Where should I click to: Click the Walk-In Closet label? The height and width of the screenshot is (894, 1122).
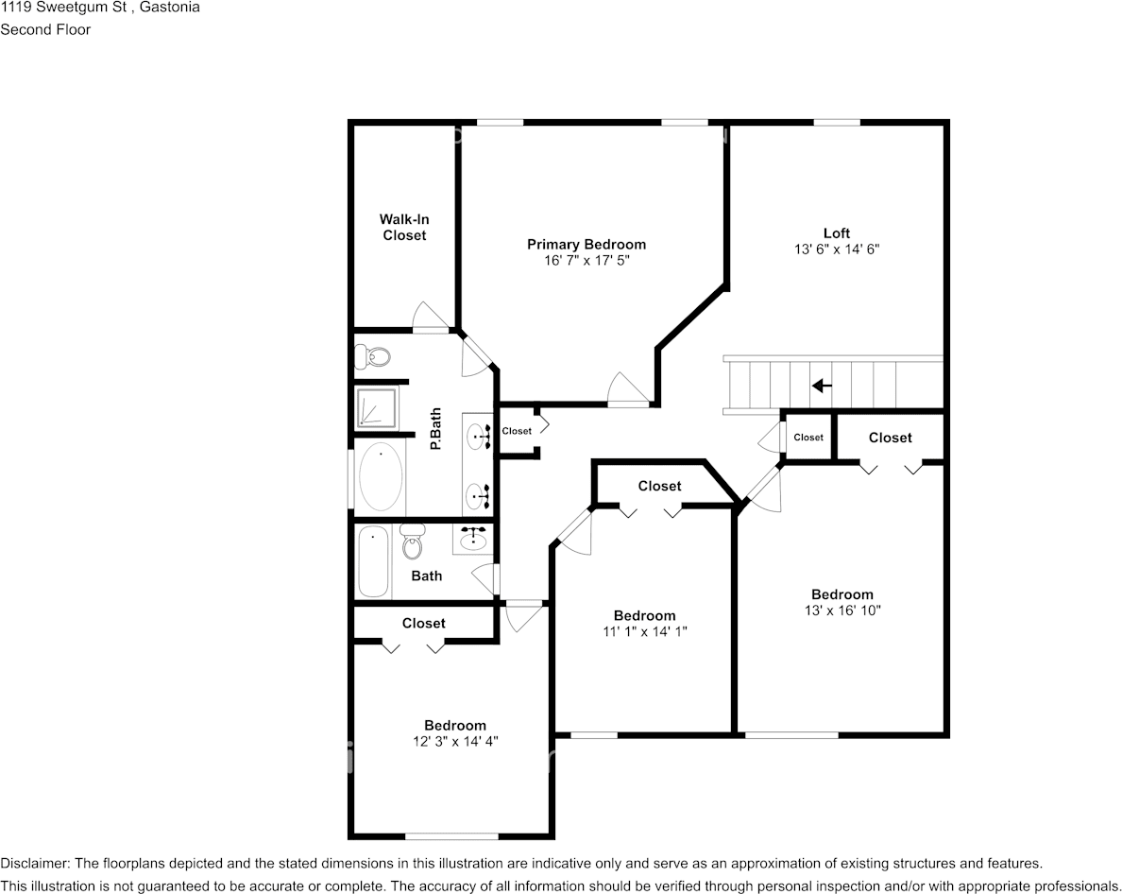pyautogui.click(x=404, y=227)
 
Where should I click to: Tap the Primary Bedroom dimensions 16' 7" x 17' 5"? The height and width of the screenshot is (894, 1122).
pyautogui.click(x=586, y=260)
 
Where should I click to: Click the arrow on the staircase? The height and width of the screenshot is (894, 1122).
pyautogui.click(x=822, y=386)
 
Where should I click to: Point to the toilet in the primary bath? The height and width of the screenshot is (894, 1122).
pyautogui.click(x=373, y=357)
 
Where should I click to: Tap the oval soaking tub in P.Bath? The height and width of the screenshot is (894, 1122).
pyautogui.click(x=380, y=476)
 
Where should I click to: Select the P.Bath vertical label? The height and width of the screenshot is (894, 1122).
pyautogui.click(x=436, y=427)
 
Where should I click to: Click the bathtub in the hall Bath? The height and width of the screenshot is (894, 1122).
pyautogui.click(x=373, y=560)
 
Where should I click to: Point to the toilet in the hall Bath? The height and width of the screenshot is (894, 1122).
pyautogui.click(x=413, y=542)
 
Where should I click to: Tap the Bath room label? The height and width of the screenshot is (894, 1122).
pyautogui.click(x=426, y=576)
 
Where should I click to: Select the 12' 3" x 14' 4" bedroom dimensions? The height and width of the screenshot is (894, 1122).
pyautogui.click(x=455, y=742)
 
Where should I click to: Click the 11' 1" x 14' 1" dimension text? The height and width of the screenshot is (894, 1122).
pyautogui.click(x=644, y=632)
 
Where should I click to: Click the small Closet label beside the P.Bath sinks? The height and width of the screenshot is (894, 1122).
pyautogui.click(x=517, y=431)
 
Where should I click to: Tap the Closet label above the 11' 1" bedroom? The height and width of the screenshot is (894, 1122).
pyautogui.click(x=659, y=486)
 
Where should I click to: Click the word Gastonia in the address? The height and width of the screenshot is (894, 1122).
pyautogui.click(x=168, y=8)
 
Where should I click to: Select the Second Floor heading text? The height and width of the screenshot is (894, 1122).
pyautogui.click(x=45, y=29)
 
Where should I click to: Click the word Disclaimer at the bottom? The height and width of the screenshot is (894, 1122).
pyautogui.click(x=34, y=863)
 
